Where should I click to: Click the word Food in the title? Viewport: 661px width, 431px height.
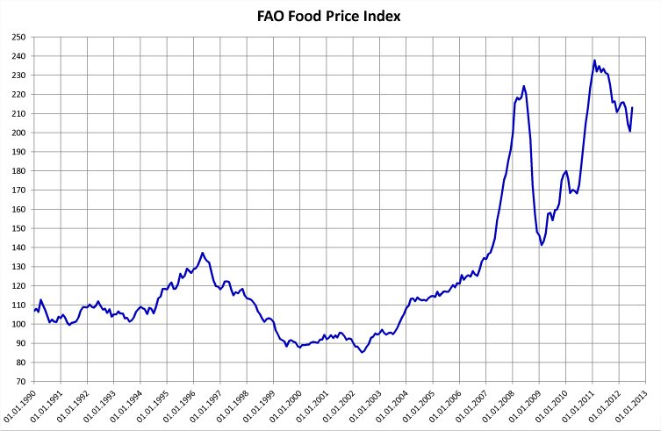pos(318,16)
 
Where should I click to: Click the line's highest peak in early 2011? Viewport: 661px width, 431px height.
pos(594,61)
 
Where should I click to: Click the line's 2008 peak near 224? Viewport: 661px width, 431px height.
pos(523,86)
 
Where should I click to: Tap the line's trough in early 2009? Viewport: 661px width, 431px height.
pos(542,244)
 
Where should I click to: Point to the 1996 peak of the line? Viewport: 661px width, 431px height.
pos(203,253)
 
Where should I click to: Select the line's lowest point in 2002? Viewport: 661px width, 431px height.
pos(362,352)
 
